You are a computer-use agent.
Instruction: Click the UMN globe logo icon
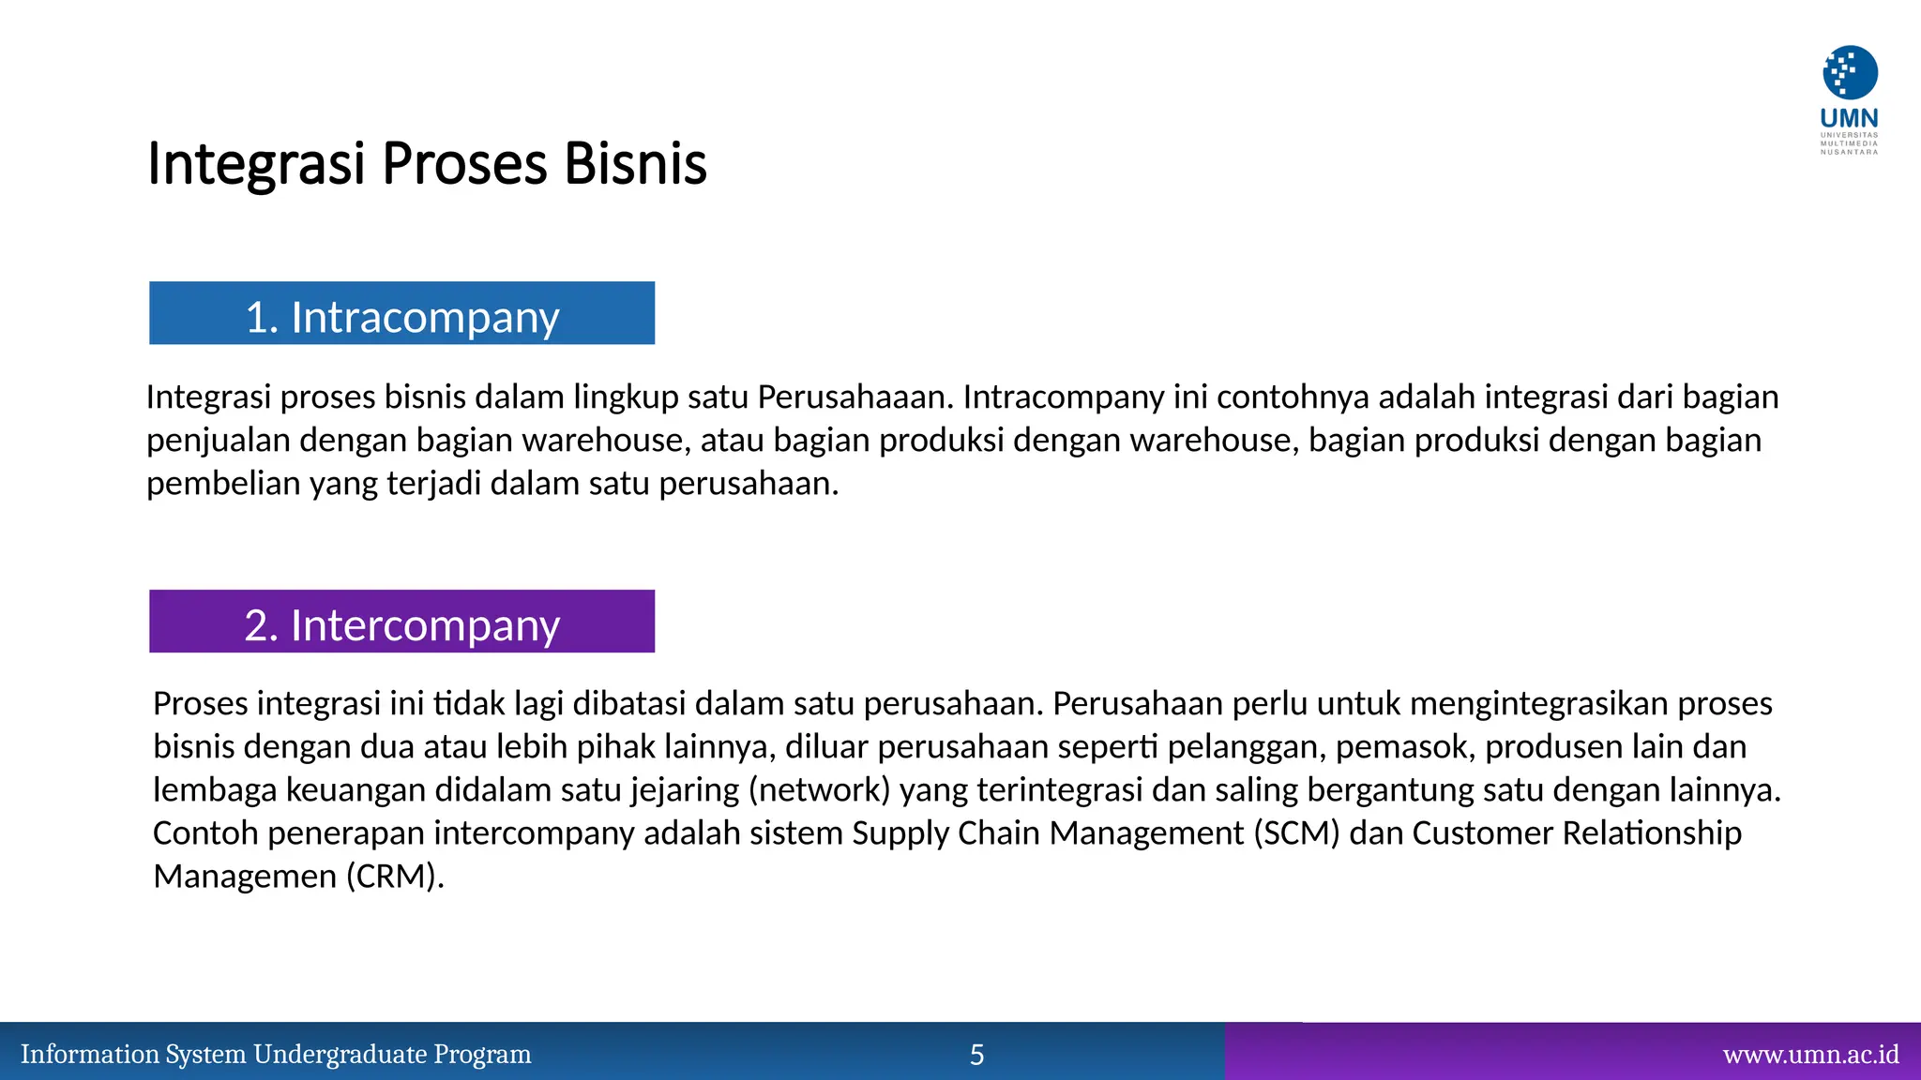tap(1850, 72)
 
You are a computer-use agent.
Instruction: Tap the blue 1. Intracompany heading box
tap(401, 313)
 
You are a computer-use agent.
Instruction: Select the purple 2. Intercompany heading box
tap(401, 622)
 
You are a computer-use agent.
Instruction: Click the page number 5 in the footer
tap(976, 1055)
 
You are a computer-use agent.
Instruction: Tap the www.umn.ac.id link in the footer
tap(1810, 1055)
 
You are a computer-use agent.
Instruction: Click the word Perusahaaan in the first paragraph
tap(855, 397)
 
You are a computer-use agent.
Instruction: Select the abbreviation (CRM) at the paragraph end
tap(394, 876)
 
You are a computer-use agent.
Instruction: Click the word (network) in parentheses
tap(819, 789)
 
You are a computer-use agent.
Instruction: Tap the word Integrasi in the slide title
tap(255, 163)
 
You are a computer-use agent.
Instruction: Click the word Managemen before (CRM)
tap(245, 876)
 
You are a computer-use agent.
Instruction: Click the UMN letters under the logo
tap(1849, 118)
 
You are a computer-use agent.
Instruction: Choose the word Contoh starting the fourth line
tap(205, 832)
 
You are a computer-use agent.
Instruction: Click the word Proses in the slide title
tap(464, 163)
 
